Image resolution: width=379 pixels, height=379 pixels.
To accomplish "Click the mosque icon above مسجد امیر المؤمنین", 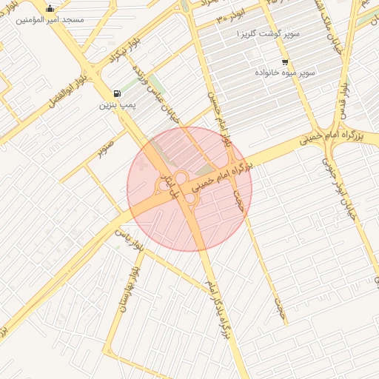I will [x=50, y=9].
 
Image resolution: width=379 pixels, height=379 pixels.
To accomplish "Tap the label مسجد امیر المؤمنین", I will [x=50, y=20].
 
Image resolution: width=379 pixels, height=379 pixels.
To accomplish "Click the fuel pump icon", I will [x=117, y=93].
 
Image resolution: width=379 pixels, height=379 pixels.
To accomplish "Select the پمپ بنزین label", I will [x=118, y=105].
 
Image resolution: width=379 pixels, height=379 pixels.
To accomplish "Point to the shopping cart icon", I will [x=285, y=62].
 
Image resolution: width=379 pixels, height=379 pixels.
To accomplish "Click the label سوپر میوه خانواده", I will [x=286, y=73].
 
